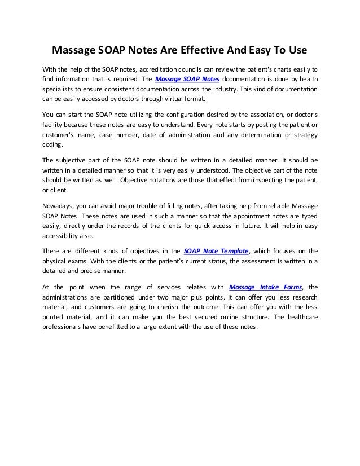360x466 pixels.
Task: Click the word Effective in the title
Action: tap(201, 50)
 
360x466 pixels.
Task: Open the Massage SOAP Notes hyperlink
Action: tap(187, 79)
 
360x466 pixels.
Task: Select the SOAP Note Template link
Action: tap(217, 251)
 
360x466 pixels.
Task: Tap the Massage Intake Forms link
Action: tap(265, 286)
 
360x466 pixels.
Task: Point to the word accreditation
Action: tap(162, 69)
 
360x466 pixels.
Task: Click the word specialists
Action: tap(59, 89)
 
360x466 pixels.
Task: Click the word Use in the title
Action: tap(296, 50)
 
